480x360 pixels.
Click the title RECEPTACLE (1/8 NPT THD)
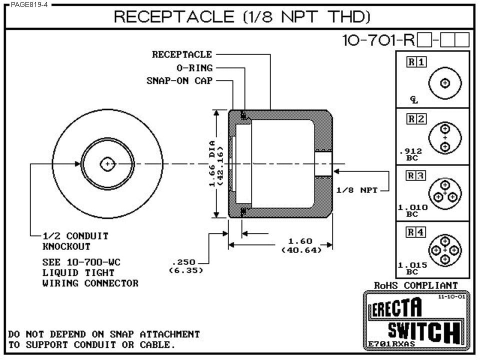tap(242, 16)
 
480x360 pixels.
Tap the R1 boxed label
tap(416, 62)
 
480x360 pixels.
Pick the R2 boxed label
tap(416, 119)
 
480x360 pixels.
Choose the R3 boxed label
tap(416, 175)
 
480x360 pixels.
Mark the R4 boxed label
tap(416, 232)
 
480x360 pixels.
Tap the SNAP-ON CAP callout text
tap(179, 81)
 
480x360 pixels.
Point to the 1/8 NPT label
tap(356, 190)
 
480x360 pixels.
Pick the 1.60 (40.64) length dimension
tap(301, 245)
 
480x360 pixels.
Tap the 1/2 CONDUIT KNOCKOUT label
tap(75, 241)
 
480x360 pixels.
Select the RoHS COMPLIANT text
tap(415, 285)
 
